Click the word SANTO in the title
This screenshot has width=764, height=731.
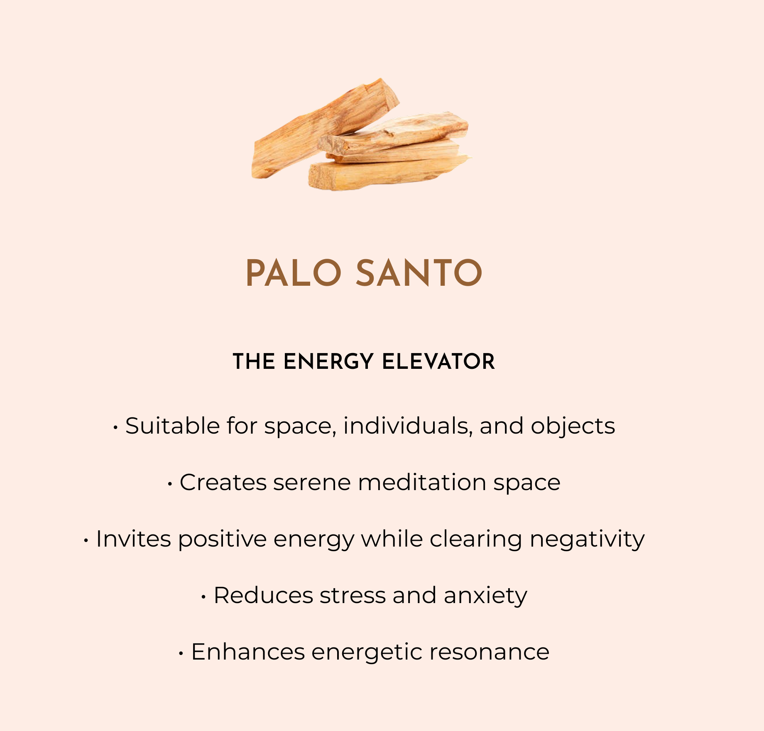419,273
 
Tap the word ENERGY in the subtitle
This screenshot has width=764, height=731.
329,361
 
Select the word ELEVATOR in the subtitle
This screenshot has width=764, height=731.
438,361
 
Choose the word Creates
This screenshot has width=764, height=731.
223,482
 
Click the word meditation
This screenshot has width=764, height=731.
422,482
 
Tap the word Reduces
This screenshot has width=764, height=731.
263,595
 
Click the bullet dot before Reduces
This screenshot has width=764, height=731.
203,597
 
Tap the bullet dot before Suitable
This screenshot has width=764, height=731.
115,428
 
